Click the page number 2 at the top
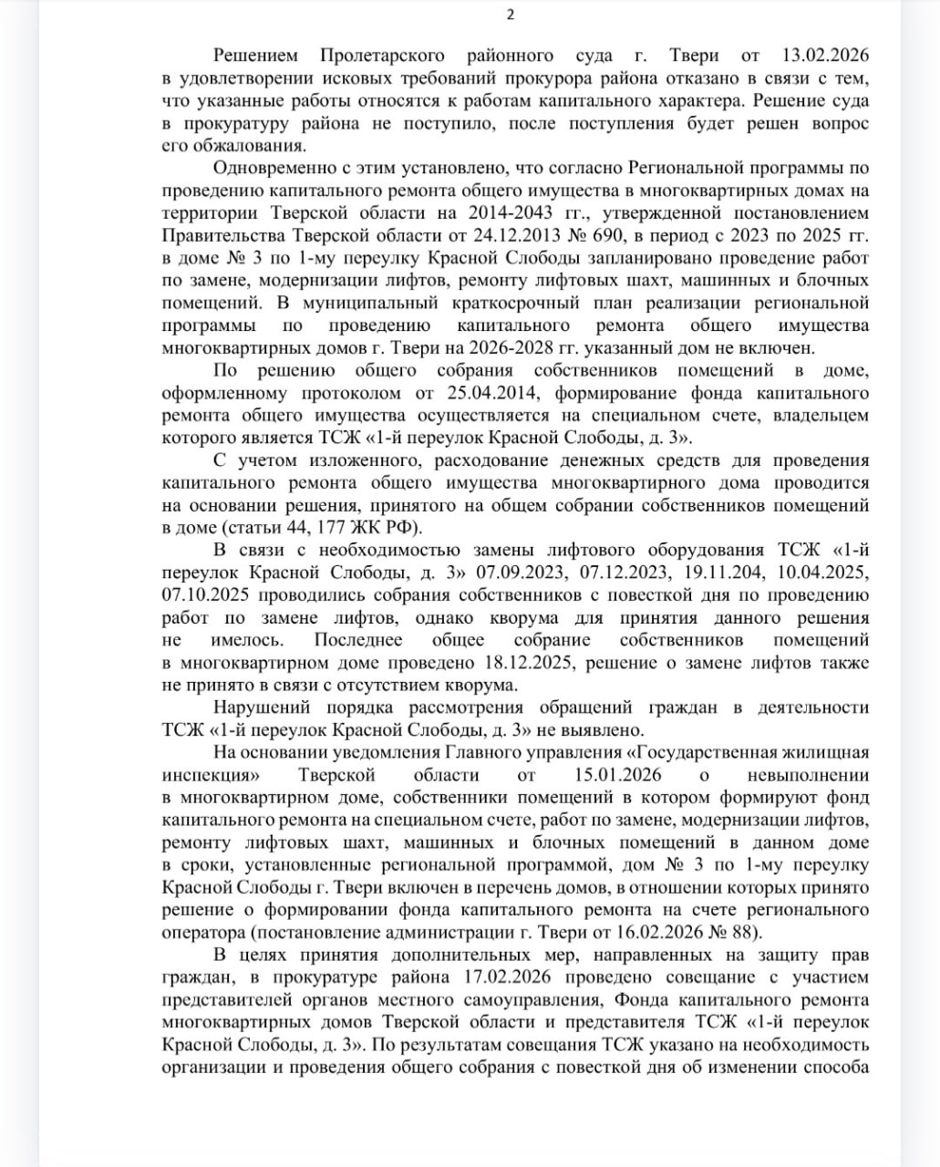tap(511, 14)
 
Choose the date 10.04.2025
tap(818, 572)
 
